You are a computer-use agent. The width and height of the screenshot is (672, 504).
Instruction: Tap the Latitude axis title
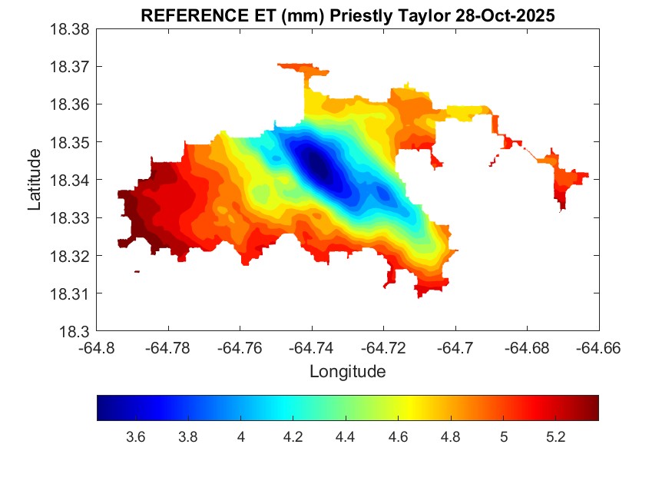tap(35, 180)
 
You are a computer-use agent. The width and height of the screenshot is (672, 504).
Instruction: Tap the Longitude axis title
tap(347, 372)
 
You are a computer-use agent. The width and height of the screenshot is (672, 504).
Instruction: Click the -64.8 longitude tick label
tap(98, 348)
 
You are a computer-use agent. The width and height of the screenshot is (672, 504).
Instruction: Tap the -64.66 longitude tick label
tap(599, 348)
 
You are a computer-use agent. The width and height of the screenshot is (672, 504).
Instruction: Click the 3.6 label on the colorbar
tap(136, 437)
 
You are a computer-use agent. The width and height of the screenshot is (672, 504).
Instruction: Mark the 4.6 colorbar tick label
tap(398, 437)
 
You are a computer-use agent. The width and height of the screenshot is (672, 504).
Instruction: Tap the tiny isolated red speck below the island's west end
tap(137, 271)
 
